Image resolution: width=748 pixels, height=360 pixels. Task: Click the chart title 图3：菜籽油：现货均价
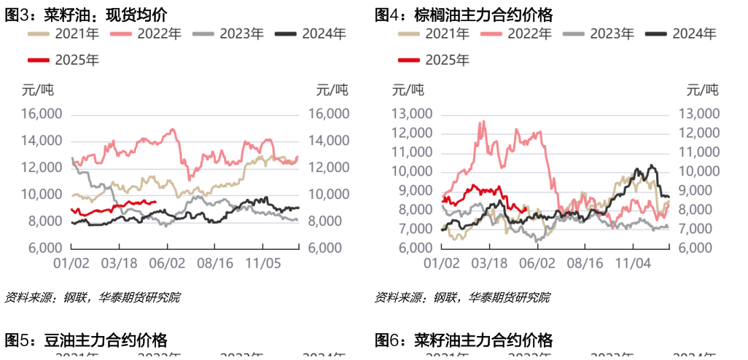87,15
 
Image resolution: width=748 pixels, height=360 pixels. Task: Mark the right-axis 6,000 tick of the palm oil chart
699,248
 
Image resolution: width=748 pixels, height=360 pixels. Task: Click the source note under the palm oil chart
462,297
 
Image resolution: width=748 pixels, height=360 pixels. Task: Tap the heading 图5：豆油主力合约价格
87,340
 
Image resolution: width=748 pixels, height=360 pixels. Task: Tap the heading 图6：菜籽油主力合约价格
463,340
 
